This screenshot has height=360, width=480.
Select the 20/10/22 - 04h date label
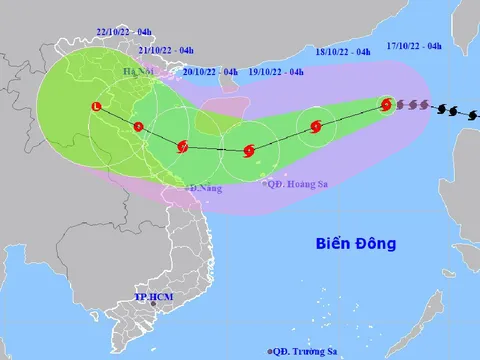[x=211, y=72]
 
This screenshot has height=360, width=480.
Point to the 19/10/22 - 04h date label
[x=277, y=72]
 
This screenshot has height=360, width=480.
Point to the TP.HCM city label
[x=155, y=298]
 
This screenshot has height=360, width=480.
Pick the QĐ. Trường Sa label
[x=307, y=350]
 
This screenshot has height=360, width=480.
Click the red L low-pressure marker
[x=96, y=106]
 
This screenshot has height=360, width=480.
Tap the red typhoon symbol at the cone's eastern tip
[x=386, y=103]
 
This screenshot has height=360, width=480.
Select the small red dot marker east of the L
[x=139, y=126]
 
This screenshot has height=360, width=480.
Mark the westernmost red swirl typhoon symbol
[x=182, y=147]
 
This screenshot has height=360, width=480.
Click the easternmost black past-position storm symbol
[x=466, y=114]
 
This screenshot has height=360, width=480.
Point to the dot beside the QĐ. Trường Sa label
[x=270, y=350]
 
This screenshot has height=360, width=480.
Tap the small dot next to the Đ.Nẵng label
[x=185, y=187]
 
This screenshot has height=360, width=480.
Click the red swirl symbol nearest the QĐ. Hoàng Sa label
[x=249, y=151]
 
